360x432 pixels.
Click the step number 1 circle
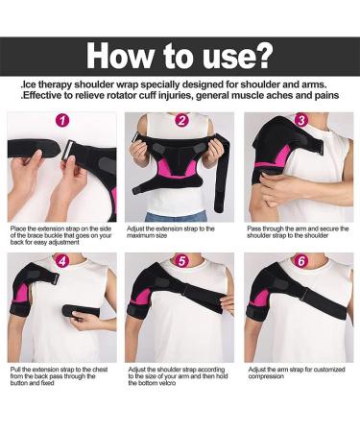click(62, 122)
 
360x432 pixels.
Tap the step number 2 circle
click(181, 121)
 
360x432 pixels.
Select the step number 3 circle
click(300, 121)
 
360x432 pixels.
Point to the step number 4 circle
click(62, 260)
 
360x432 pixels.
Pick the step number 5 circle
click(181, 260)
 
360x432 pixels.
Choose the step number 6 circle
click(300, 260)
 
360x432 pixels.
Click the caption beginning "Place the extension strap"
click(60, 236)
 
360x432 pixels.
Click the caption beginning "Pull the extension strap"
click(58, 375)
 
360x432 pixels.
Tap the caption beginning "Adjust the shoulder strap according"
click(179, 375)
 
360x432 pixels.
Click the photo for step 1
click(62, 168)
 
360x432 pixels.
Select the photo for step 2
click(181, 168)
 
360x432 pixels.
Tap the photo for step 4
click(62, 307)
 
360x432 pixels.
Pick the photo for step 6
click(300, 307)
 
